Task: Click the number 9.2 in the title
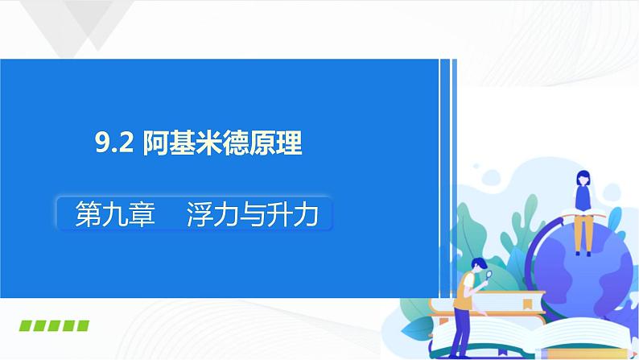(115, 145)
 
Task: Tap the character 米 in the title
(212, 145)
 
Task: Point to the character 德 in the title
(241, 145)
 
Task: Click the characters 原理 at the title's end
(284, 145)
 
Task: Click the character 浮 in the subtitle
(200, 215)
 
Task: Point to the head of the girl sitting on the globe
(581, 177)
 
